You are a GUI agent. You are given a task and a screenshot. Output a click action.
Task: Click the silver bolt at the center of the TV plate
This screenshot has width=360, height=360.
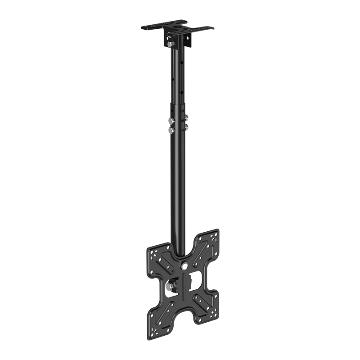[x=184, y=266]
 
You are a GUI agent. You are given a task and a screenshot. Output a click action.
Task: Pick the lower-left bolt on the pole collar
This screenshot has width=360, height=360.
[x=171, y=130]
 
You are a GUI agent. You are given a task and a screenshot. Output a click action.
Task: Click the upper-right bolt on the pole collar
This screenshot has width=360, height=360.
[x=185, y=119]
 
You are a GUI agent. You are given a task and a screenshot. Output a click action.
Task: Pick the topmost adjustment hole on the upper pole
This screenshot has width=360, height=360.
[x=180, y=56]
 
